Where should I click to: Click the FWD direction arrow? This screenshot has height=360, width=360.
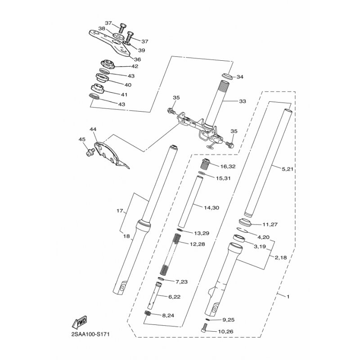80,323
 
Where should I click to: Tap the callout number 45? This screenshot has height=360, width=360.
82,139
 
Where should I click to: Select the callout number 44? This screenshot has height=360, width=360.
93,130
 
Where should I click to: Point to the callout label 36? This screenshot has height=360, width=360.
137,59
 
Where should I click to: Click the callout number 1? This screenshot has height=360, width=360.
288,297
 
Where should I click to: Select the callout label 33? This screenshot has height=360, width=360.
243,102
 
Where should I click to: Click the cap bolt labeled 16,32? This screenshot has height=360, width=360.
207,163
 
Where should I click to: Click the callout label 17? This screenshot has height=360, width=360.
119,211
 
